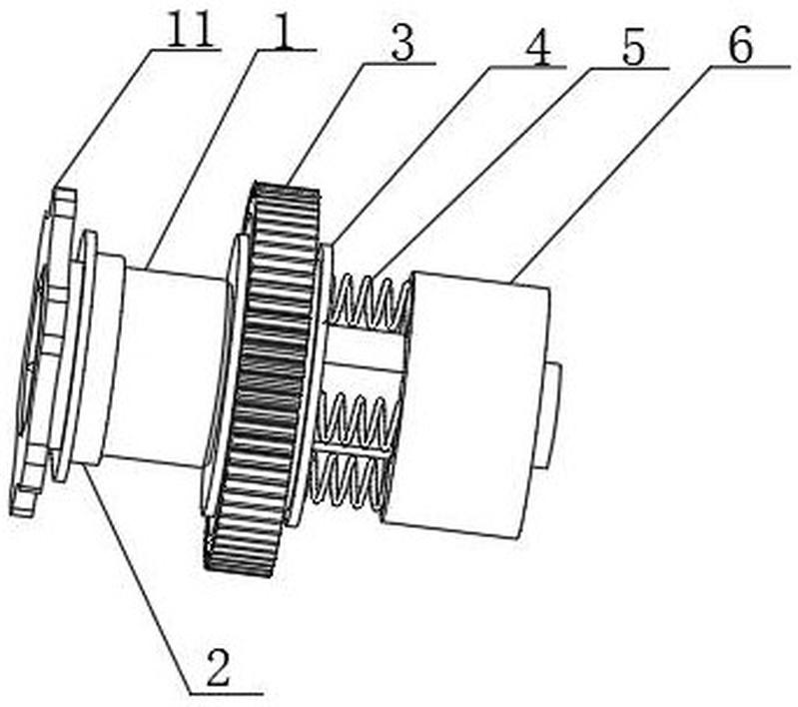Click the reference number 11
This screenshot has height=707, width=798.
[190, 30]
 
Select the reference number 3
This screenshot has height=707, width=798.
[403, 44]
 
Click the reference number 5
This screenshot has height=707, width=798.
[633, 49]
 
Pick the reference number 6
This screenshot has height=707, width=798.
[740, 47]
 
